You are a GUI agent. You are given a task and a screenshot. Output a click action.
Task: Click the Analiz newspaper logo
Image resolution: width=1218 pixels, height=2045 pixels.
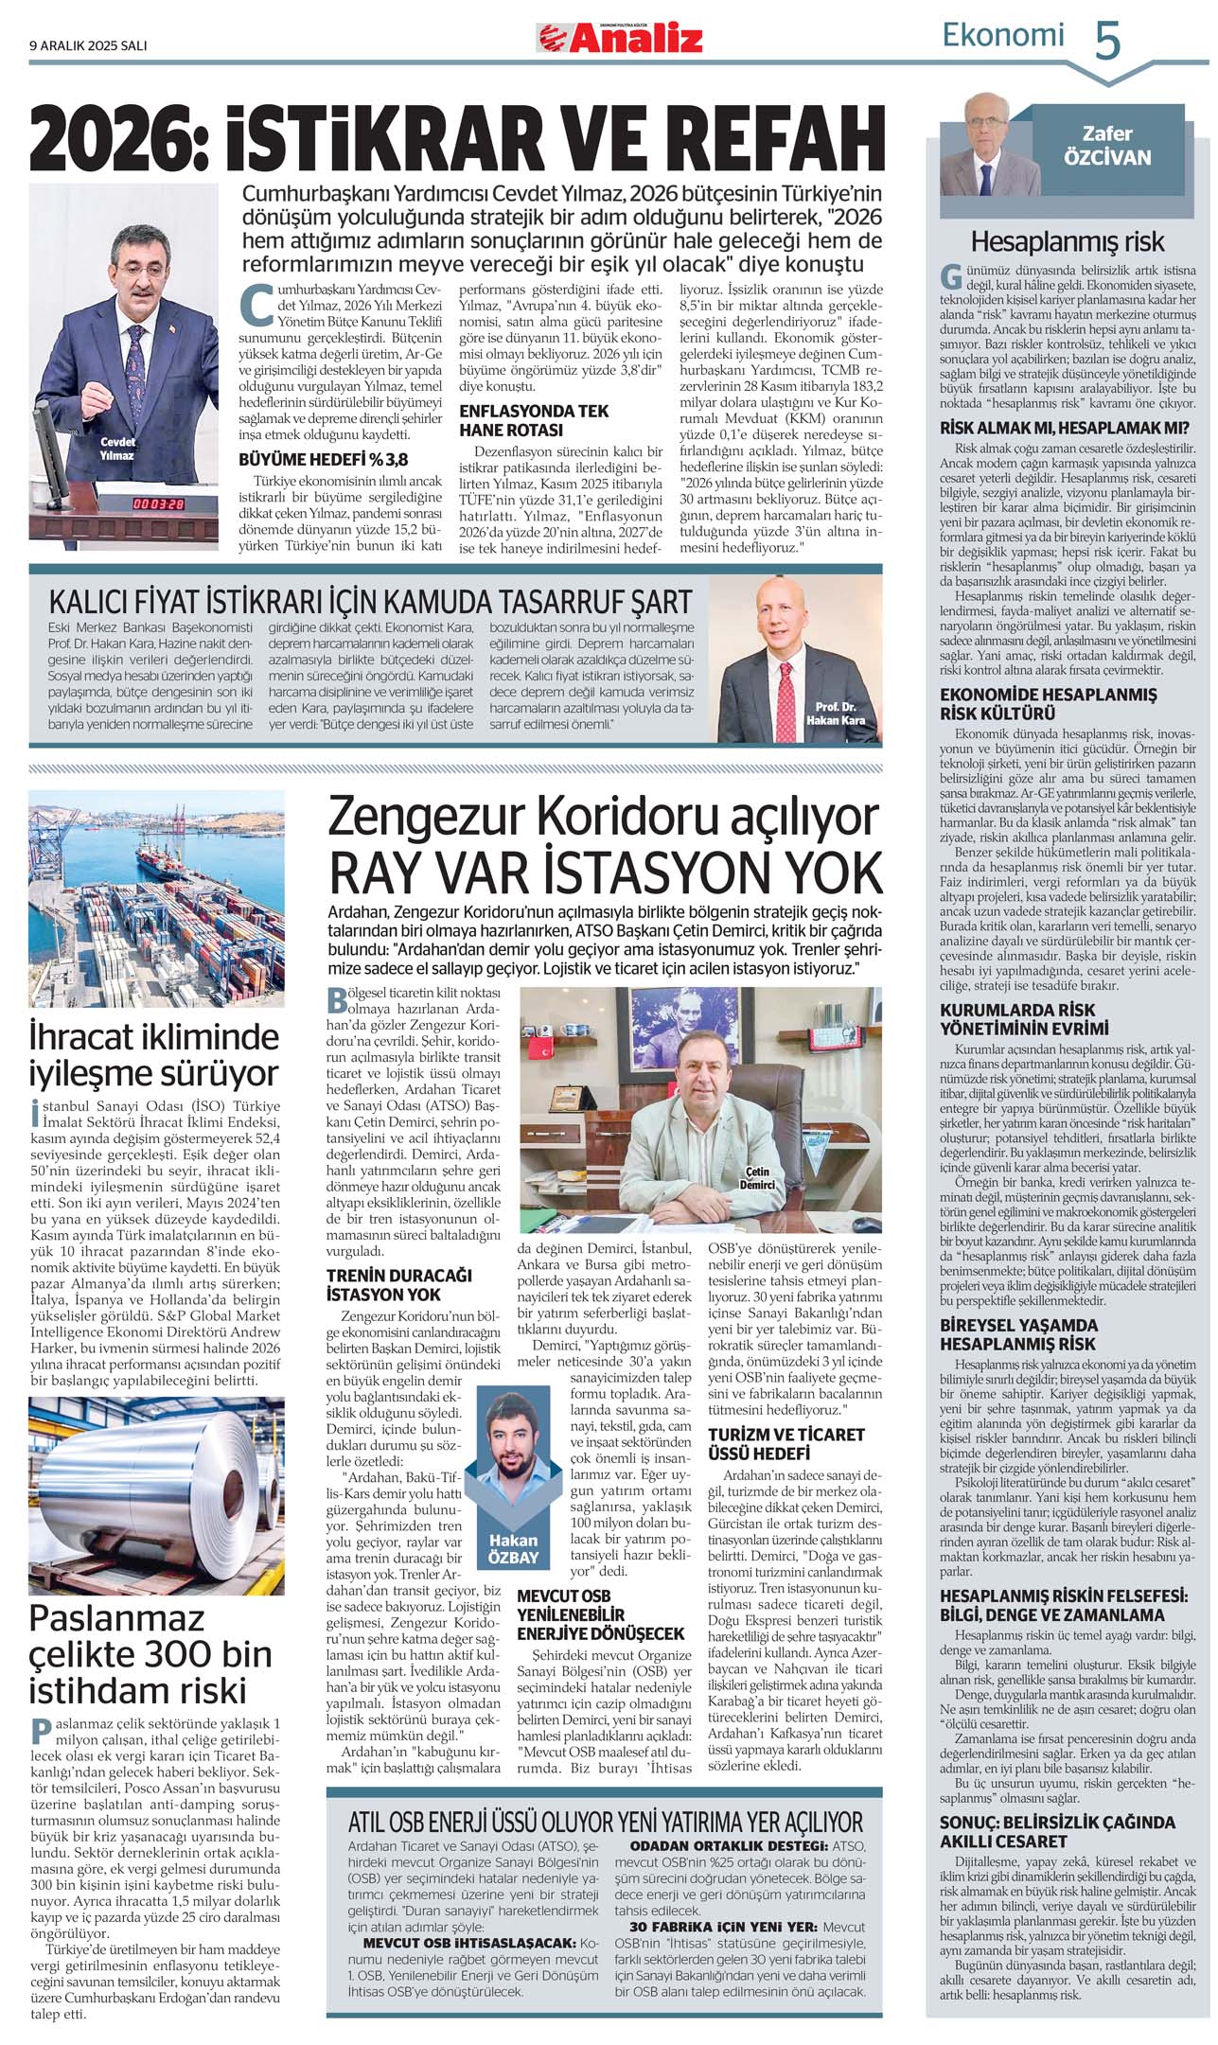622,38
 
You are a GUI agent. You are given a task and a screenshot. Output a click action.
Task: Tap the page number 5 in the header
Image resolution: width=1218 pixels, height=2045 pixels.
1107,42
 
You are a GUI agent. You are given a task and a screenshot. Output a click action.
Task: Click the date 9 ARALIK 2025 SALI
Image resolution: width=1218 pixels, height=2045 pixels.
88,44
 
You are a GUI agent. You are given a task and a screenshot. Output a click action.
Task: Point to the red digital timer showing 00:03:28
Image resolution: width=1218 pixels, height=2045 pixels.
157,503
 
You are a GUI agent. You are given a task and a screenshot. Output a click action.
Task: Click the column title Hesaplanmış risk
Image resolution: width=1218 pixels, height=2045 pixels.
1068,240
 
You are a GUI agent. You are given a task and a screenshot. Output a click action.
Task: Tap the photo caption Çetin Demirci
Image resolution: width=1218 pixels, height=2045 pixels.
757,1178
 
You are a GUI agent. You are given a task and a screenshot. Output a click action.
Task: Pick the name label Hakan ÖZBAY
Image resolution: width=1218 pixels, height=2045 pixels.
513,1549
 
